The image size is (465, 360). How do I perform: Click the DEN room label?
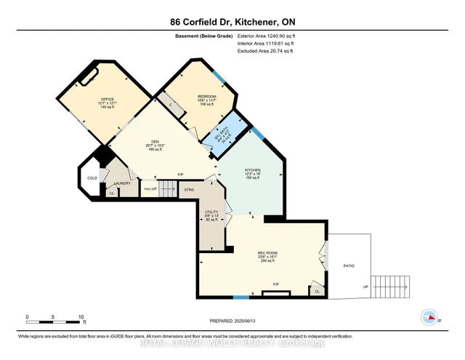coord(155,141)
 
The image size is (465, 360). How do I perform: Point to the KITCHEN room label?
coord(253,169)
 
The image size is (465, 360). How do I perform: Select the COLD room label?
coord(91,178)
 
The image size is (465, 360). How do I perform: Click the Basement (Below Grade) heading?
coord(205,35)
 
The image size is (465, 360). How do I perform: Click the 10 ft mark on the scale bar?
coord(81,317)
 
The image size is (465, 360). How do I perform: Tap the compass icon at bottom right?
coord(429,317)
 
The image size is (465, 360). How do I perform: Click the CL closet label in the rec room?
coord(316,291)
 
